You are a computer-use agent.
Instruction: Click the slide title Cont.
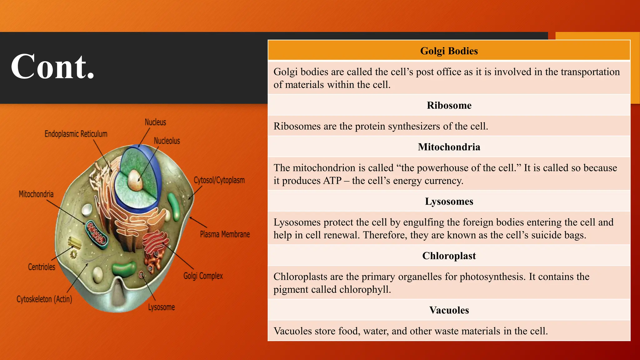pyautogui.click(x=52, y=67)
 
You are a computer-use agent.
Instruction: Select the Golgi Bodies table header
pyautogui.click(x=449, y=51)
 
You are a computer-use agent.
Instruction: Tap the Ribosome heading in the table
pyautogui.click(x=449, y=105)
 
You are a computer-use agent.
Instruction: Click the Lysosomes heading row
pyautogui.click(x=449, y=202)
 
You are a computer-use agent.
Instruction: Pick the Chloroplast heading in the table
pyautogui.click(x=449, y=256)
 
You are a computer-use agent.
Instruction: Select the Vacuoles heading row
pyautogui.click(x=449, y=310)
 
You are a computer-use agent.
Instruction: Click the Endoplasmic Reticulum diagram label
pyautogui.click(x=76, y=134)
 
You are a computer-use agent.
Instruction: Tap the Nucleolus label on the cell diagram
pyautogui.click(x=167, y=141)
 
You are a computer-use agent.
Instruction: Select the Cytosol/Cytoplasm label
pyautogui.click(x=219, y=180)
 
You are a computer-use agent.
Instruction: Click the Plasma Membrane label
pyautogui.click(x=225, y=234)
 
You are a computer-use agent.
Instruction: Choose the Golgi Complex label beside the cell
pyautogui.click(x=203, y=276)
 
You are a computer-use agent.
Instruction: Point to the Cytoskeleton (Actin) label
pyautogui.click(x=44, y=299)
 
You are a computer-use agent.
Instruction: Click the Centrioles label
pyautogui.click(x=42, y=267)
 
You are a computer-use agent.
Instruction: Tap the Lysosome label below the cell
pyautogui.click(x=161, y=307)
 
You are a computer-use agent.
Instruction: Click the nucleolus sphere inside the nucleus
pyautogui.click(x=135, y=180)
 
